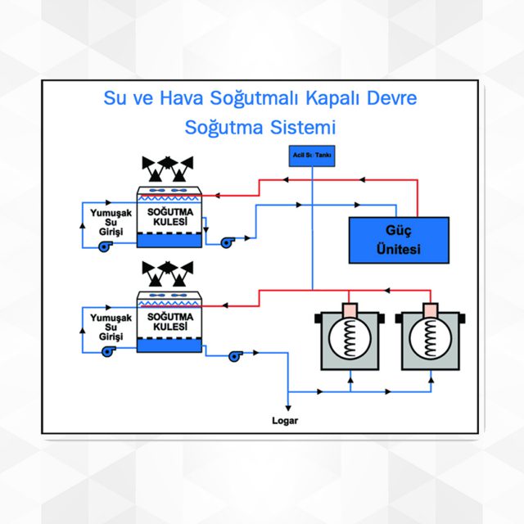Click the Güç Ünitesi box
click(x=399, y=239)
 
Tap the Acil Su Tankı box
click(x=312, y=155)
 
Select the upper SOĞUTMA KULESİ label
click(x=169, y=216)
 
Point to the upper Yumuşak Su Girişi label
click(x=106, y=222)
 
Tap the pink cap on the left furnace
click(x=349, y=311)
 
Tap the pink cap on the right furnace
click(x=427, y=311)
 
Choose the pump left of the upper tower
click(x=106, y=247)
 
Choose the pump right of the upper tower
click(x=227, y=241)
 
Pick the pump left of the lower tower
click(x=106, y=351)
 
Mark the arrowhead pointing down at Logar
click(x=287, y=404)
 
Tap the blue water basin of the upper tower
click(x=169, y=241)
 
